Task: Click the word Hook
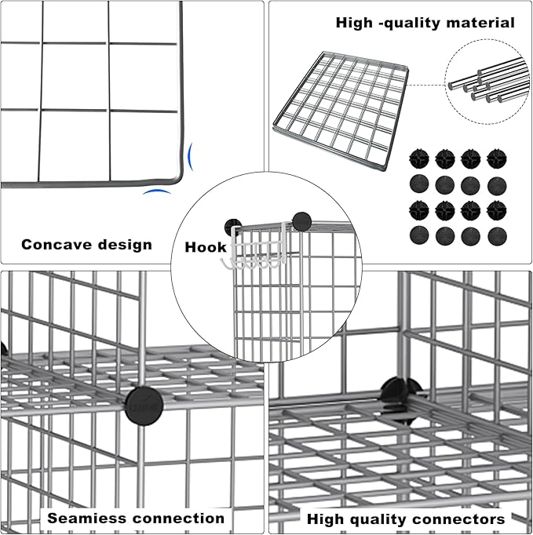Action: [x=206, y=247]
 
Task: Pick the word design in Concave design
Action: [x=126, y=245]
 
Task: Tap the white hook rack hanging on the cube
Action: [x=254, y=252]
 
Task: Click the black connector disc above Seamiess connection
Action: [x=144, y=404]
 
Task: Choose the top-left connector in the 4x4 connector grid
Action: [x=419, y=159]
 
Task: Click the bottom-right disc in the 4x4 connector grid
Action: [x=496, y=236]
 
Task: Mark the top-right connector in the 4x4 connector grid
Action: [x=496, y=159]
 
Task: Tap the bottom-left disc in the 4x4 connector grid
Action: [x=419, y=236]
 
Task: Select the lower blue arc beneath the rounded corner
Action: [x=156, y=192]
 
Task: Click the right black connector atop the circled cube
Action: [x=301, y=220]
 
